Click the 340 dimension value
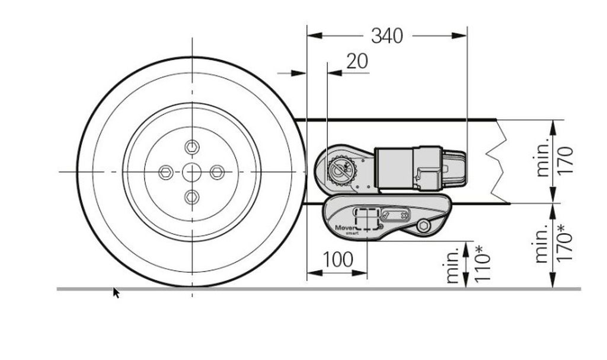click(x=386, y=36)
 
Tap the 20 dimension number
click(x=357, y=61)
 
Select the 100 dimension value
click(x=337, y=260)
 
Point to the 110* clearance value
click(x=483, y=263)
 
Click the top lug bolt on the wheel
click(x=192, y=147)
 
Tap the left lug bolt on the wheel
click(x=166, y=172)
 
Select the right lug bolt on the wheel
click(x=217, y=172)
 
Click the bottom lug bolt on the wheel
click(x=192, y=197)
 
